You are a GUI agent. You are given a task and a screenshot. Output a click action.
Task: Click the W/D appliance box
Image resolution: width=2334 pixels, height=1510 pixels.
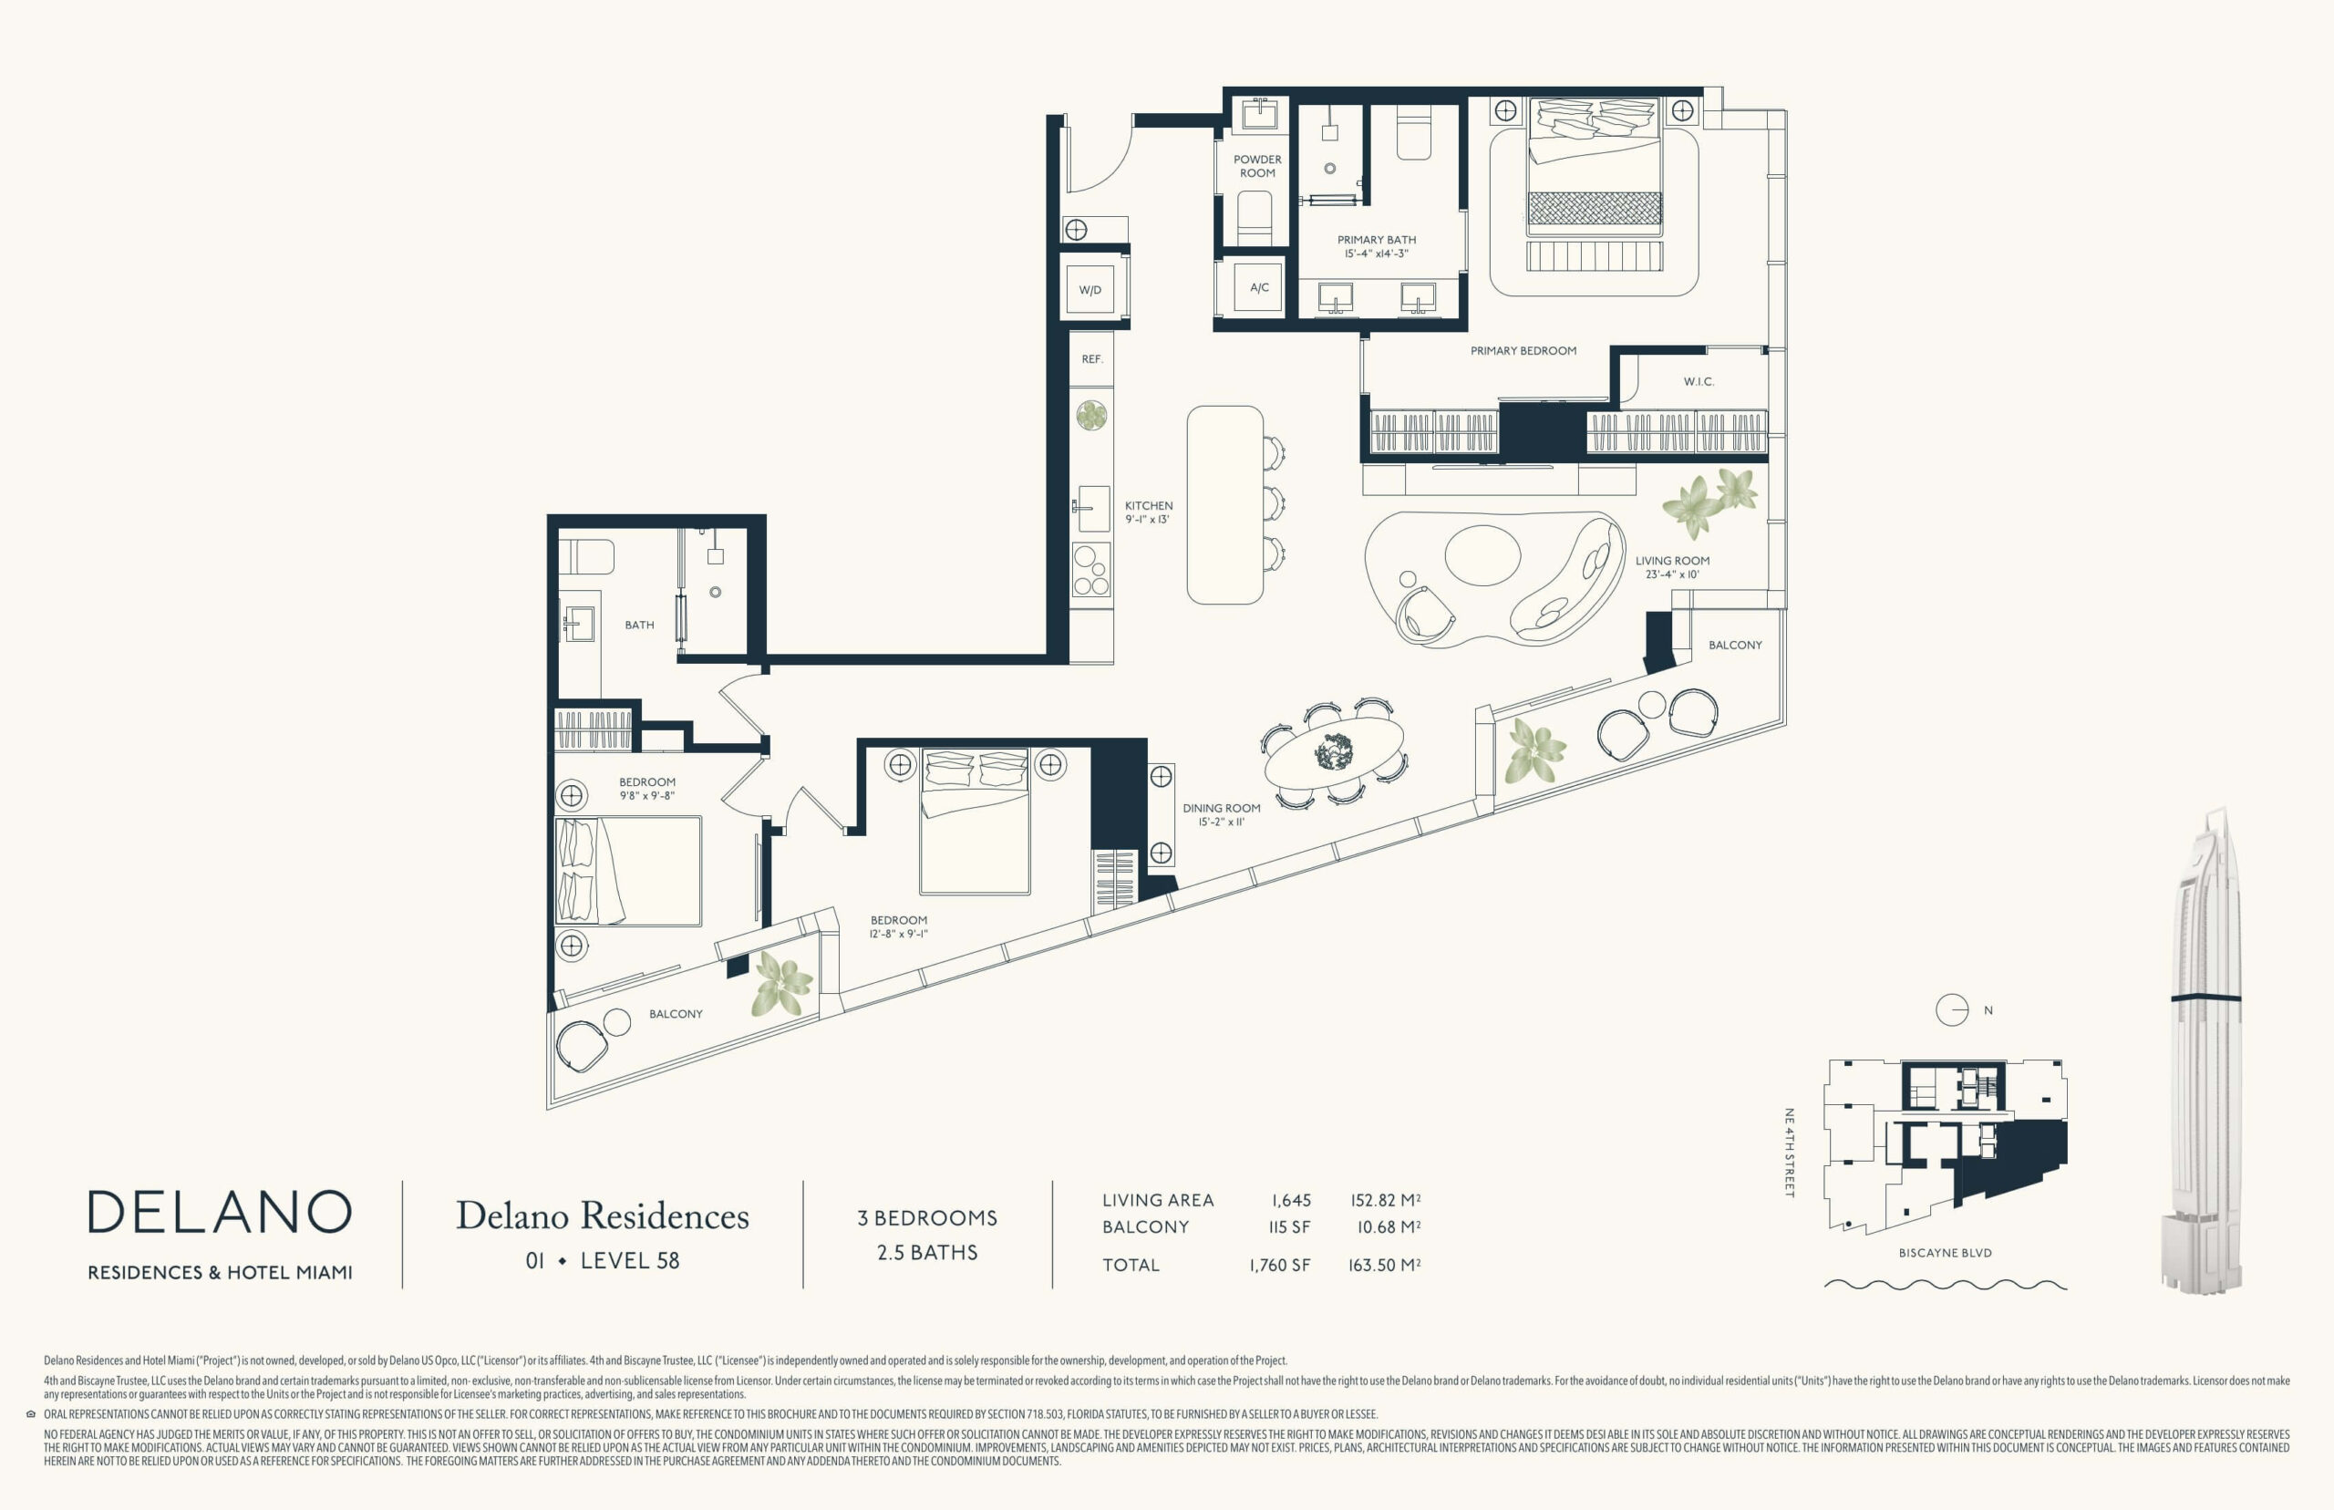click(x=1090, y=289)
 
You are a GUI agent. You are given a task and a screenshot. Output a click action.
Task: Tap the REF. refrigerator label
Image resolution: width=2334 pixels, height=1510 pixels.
click(x=1092, y=360)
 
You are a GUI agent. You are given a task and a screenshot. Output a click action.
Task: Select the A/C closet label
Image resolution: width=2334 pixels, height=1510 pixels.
click(x=1260, y=287)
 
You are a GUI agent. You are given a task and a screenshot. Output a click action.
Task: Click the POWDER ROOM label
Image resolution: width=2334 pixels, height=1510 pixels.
click(x=1257, y=166)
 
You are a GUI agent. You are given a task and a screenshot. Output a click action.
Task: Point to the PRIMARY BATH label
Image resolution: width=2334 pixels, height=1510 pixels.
click(x=1377, y=239)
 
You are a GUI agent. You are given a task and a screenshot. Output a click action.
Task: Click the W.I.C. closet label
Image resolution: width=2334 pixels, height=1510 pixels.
click(x=1699, y=381)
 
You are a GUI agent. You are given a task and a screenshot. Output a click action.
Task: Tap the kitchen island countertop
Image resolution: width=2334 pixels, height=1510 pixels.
click(x=1224, y=505)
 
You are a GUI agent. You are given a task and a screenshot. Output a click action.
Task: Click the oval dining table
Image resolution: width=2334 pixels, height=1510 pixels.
click(x=1334, y=753)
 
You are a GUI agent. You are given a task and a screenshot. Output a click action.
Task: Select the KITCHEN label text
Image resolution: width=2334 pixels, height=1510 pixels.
click(x=1149, y=506)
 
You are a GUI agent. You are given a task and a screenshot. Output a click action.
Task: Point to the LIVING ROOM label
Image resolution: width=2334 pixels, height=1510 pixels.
click(x=1672, y=561)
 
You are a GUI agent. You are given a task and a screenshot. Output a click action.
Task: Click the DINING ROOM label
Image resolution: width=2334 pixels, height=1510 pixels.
click(x=1222, y=809)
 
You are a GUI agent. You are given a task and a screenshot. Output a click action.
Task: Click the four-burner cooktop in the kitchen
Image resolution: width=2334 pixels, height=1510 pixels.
click(x=1091, y=570)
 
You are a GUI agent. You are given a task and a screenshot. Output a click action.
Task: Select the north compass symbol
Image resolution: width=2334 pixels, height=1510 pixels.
click(x=1952, y=1010)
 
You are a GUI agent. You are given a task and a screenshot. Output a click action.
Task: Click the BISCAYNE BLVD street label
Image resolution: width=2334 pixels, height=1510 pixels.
click(x=1945, y=1252)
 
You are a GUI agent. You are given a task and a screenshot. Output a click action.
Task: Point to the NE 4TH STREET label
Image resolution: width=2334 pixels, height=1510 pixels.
click(x=1789, y=1153)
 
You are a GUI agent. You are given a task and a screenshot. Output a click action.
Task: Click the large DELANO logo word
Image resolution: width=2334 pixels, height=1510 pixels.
click(x=220, y=1212)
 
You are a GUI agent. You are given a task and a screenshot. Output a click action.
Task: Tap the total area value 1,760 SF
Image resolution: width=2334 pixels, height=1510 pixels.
click(x=1279, y=1265)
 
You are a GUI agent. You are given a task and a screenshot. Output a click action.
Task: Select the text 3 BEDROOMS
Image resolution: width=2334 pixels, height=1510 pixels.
click(x=927, y=1218)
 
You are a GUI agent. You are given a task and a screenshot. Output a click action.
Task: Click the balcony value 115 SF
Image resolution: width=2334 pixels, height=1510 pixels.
click(x=1289, y=1226)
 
